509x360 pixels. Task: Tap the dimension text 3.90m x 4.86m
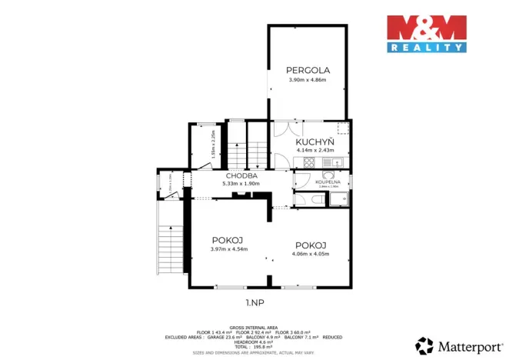pyautogui.click(x=307, y=80)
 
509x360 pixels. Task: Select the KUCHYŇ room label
pyautogui.click(x=315, y=143)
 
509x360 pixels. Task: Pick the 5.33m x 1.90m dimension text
pyautogui.click(x=241, y=184)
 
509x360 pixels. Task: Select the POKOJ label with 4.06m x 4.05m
pyautogui.click(x=311, y=245)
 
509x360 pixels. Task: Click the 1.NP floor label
pyautogui.click(x=254, y=302)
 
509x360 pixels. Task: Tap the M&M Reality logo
pyautogui.click(x=426, y=33)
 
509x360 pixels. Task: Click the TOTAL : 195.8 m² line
pyautogui.click(x=254, y=346)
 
